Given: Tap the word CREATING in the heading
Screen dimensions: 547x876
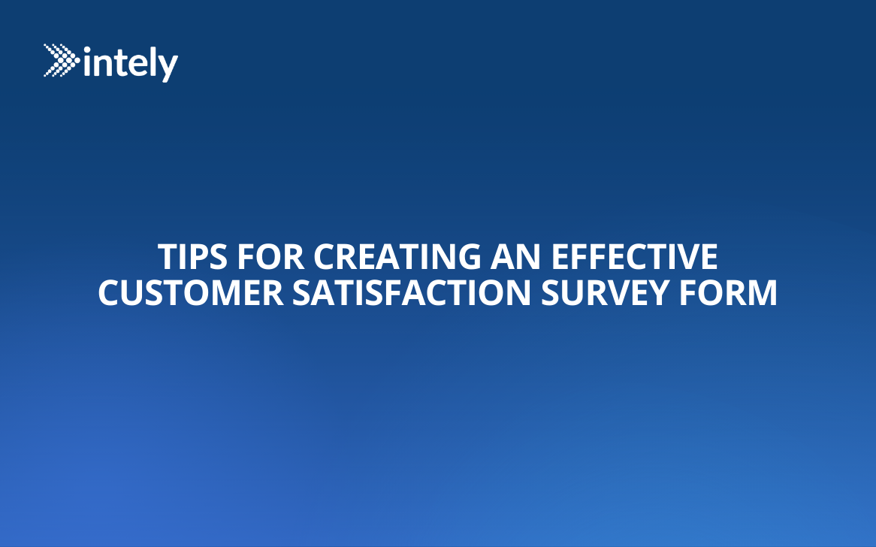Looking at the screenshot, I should pos(396,257).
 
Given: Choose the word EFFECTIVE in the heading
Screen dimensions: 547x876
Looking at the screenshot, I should pos(634,257).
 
